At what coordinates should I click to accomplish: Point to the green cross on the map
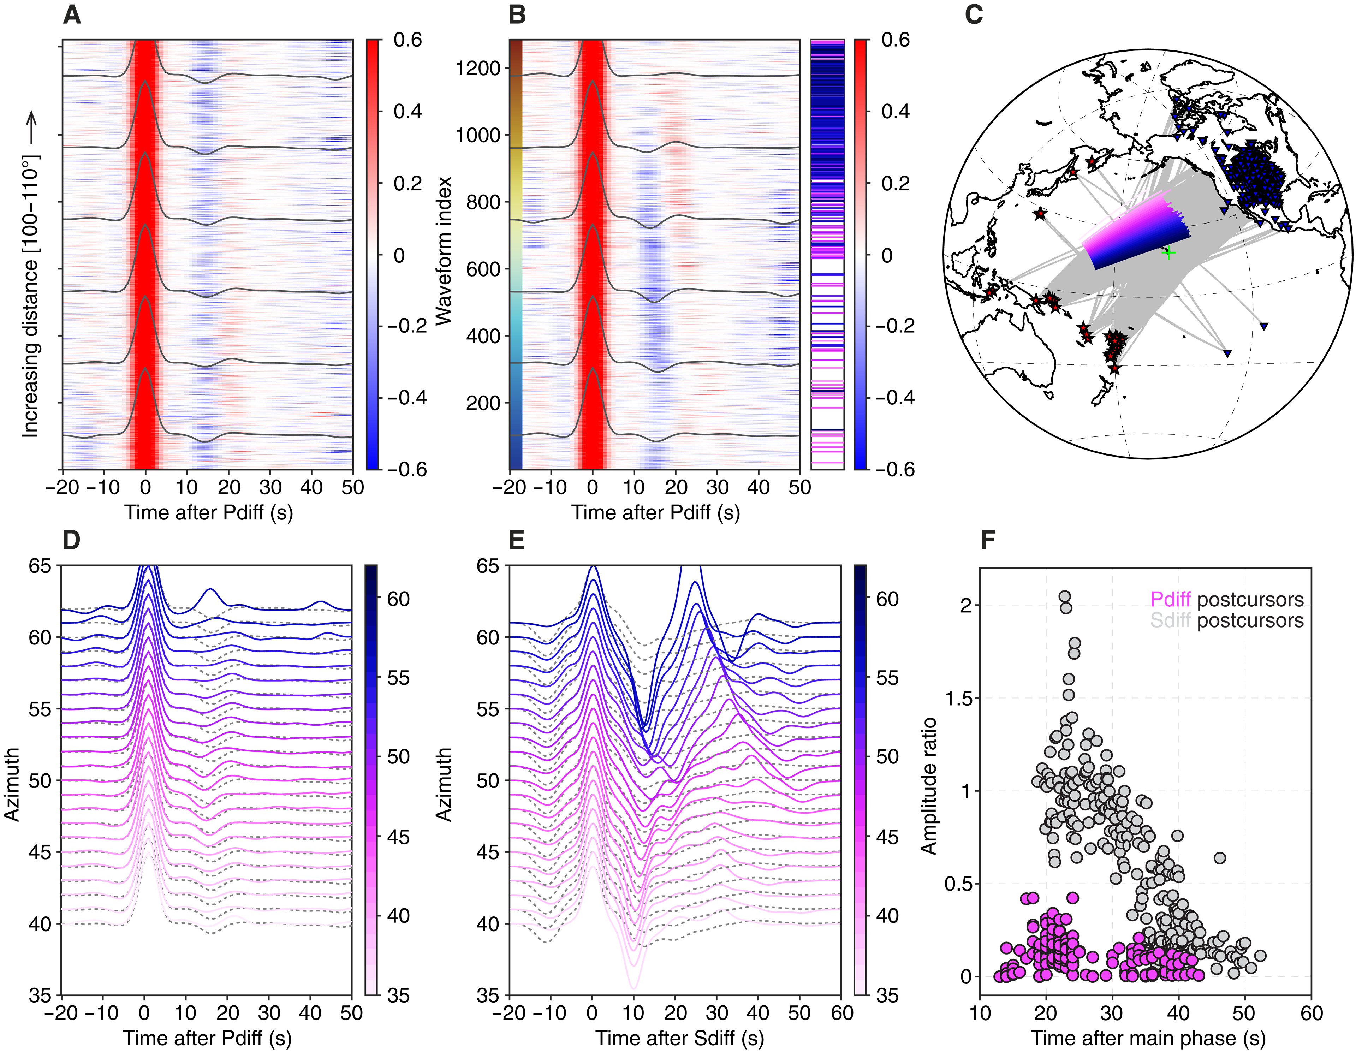click(1169, 253)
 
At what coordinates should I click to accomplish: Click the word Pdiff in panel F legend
click(1170, 600)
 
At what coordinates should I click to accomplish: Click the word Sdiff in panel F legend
click(1170, 620)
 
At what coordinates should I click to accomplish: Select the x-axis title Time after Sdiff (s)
click(680, 1038)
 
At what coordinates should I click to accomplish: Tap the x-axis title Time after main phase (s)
click(1148, 1038)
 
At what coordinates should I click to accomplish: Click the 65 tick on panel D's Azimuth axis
click(40, 566)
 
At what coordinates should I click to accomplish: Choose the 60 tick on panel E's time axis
click(842, 1014)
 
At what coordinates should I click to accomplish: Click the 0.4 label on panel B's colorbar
click(895, 112)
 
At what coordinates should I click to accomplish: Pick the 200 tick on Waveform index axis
click(483, 403)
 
